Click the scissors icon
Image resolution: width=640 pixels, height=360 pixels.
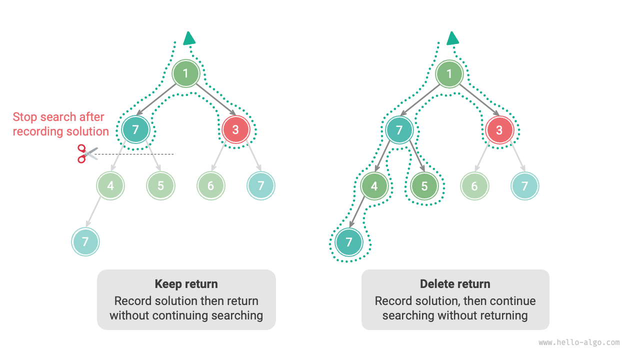pyautogui.click(x=86, y=153)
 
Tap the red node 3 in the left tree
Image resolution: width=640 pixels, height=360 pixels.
pyautogui.click(x=236, y=130)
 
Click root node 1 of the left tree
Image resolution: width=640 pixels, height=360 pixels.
pyautogui.click(x=186, y=74)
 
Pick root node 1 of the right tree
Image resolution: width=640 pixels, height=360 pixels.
pyautogui.click(x=449, y=74)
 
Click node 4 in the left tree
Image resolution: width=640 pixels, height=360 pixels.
pyautogui.click(x=110, y=186)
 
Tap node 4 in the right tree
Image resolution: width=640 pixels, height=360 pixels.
pyautogui.click(x=374, y=186)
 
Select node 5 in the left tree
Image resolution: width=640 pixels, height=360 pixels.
pyautogui.click(x=160, y=186)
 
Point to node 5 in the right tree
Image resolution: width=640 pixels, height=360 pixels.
pyautogui.click(x=424, y=186)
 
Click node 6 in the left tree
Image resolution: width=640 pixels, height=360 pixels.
pyautogui.click(x=210, y=186)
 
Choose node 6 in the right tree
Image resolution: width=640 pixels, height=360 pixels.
pyautogui.click(x=474, y=186)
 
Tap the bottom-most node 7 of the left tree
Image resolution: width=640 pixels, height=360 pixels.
pyautogui.click(x=85, y=242)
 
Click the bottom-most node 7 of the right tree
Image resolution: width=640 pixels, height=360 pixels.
pyautogui.click(x=349, y=242)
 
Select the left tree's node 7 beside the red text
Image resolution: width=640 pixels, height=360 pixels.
pyautogui.click(x=135, y=130)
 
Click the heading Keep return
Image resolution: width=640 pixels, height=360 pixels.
pyautogui.click(x=186, y=284)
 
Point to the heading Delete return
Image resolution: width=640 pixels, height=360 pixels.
pyautogui.click(x=455, y=284)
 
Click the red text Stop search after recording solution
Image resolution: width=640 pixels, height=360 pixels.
pyautogui.click(x=60, y=124)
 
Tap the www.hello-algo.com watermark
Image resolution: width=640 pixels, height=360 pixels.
pyautogui.click(x=579, y=343)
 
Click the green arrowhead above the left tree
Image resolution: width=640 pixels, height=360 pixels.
pyautogui.click(x=189, y=38)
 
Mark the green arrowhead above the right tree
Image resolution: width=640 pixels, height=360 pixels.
pyautogui.click(x=453, y=38)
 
